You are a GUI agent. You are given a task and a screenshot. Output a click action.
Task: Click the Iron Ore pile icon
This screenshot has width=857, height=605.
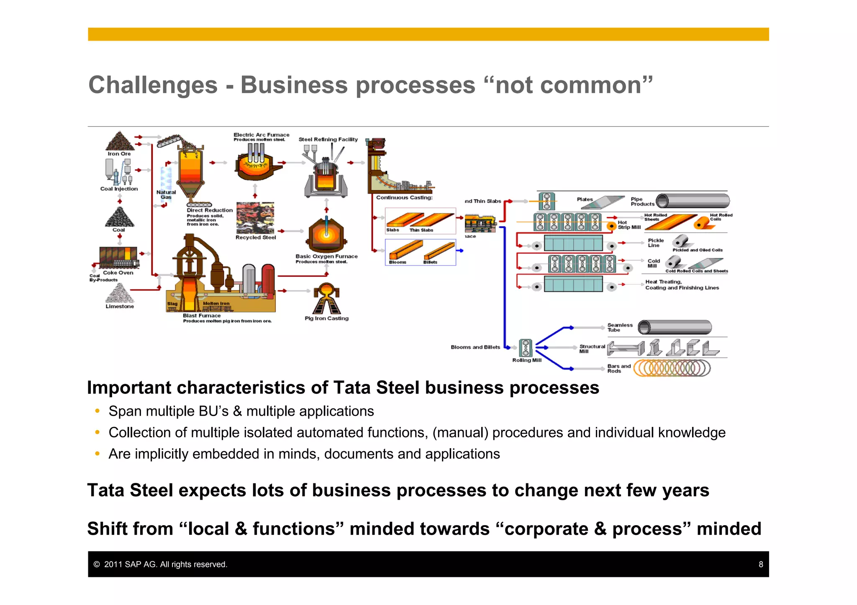pyautogui.click(x=120, y=141)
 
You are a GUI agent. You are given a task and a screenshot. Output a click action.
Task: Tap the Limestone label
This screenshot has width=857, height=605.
pyautogui.click(x=120, y=306)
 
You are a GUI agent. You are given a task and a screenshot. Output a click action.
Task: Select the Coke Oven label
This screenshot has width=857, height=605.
pyautogui.click(x=118, y=273)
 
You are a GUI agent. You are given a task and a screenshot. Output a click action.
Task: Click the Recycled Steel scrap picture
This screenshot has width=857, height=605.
pyautogui.click(x=255, y=218)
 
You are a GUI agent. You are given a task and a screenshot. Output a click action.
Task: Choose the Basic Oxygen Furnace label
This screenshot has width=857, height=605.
pyautogui.click(x=326, y=256)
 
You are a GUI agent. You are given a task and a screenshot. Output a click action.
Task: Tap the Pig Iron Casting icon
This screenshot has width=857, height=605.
pyautogui.click(x=327, y=299)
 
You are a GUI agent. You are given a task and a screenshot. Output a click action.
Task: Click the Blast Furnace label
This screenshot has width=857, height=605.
pyautogui.click(x=201, y=316)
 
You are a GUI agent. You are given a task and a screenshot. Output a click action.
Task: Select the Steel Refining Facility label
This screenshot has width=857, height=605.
pyautogui.click(x=328, y=140)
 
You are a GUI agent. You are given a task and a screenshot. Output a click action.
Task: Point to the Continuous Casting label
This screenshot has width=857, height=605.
pyautogui.click(x=404, y=198)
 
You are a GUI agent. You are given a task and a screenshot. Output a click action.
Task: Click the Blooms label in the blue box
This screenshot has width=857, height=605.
pyautogui.click(x=397, y=262)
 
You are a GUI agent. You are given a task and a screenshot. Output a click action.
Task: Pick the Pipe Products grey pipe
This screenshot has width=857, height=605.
pyautogui.click(x=693, y=201)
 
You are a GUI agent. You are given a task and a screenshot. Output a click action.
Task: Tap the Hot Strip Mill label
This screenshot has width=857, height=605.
pyautogui.click(x=629, y=225)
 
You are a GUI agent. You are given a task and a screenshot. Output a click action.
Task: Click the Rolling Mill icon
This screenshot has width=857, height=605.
pyautogui.click(x=526, y=348)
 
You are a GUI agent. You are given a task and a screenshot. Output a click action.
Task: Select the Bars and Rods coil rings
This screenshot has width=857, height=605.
pyautogui.click(x=672, y=368)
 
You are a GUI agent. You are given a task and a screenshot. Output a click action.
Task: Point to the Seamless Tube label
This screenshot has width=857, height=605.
pyautogui.click(x=620, y=327)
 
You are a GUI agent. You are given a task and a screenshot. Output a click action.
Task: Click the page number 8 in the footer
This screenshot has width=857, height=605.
pyautogui.click(x=761, y=564)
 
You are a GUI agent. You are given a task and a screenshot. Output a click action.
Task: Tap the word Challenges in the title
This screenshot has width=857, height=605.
pyautogui.click(x=153, y=85)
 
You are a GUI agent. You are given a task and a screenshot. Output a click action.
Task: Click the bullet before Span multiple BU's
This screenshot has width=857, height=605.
pyautogui.click(x=98, y=411)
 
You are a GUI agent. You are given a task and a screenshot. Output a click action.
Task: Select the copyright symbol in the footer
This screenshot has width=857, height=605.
pyautogui.click(x=97, y=564)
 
